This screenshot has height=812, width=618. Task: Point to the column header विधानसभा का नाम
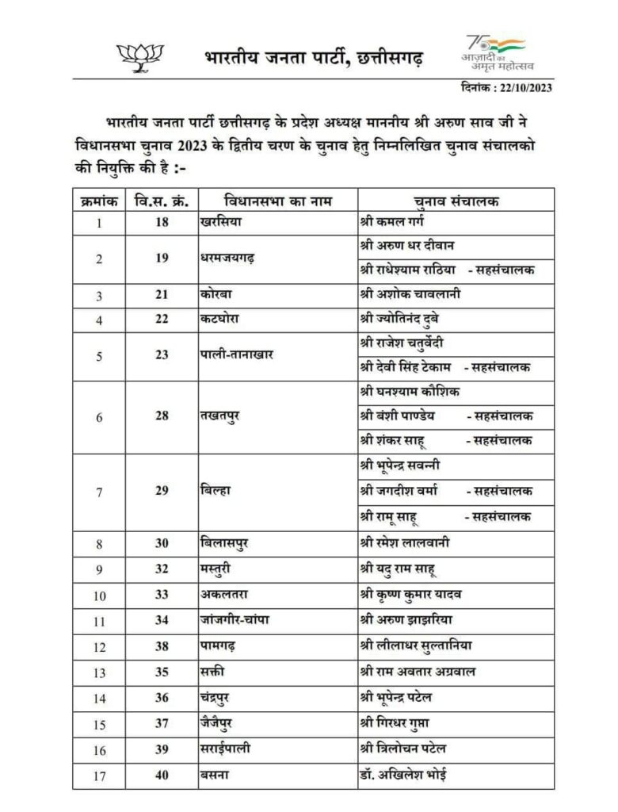tap(277, 201)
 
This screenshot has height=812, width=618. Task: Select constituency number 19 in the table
tap(162, 259)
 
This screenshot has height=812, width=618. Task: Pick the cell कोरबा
tap(216, 295)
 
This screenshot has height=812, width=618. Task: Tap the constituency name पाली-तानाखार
tap(237, 354)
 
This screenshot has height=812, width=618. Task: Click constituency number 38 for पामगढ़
tap(162, 645)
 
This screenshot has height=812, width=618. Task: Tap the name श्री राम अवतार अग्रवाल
tap(418, 672)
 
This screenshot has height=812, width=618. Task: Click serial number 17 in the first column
tap(99, 775)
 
